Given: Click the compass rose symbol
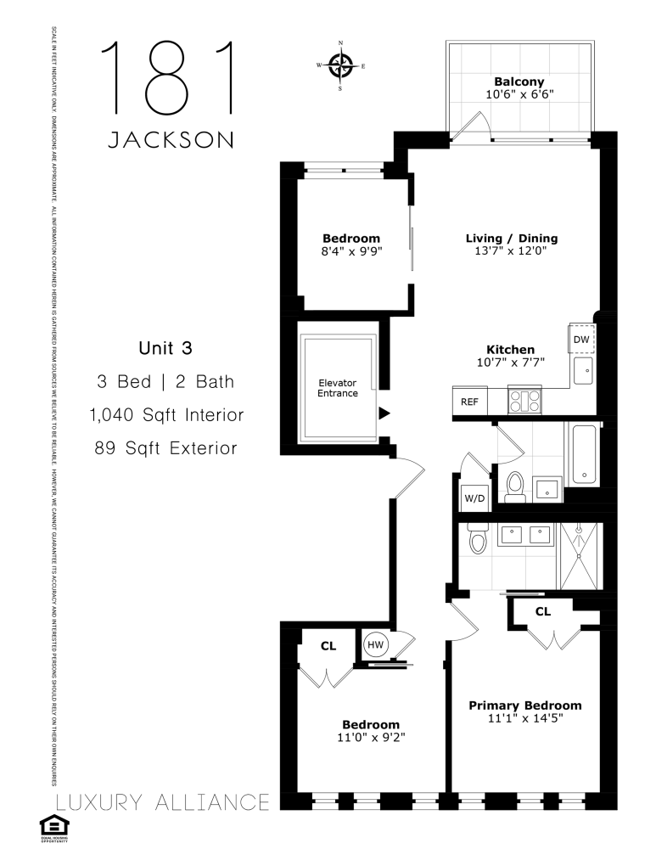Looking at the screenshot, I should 340,65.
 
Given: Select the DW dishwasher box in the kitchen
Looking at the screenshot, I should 581,340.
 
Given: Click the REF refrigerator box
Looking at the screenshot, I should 468,402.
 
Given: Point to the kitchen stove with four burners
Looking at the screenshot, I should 524,400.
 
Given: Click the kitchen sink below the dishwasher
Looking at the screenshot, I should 583,370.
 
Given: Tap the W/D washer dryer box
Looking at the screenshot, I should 474,498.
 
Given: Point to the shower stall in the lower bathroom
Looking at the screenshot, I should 579,556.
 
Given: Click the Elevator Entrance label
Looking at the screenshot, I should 338,388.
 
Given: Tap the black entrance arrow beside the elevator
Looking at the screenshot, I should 384,413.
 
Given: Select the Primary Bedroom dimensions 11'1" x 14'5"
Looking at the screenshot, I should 524,718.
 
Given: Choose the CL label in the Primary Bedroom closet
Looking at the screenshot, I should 543,610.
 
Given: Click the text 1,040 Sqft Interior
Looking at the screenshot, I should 166,415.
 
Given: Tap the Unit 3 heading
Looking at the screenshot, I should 166,347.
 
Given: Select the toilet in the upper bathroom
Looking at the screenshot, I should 514,486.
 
